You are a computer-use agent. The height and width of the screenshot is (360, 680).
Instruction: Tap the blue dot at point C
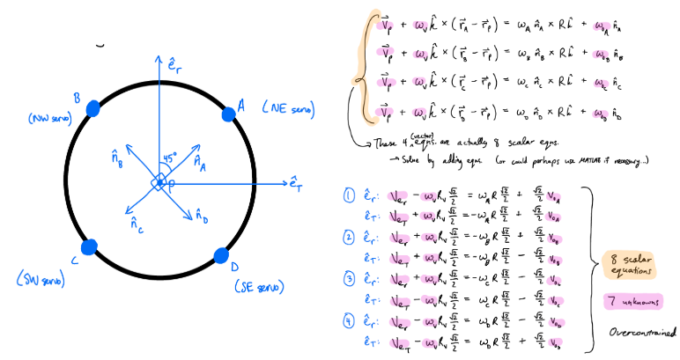89,246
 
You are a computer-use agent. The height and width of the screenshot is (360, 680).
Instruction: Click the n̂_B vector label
119,158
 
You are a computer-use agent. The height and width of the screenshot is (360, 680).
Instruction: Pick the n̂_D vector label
202,215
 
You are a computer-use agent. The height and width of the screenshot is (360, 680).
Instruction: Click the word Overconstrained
641,333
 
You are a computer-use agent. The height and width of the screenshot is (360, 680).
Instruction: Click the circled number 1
348,195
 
